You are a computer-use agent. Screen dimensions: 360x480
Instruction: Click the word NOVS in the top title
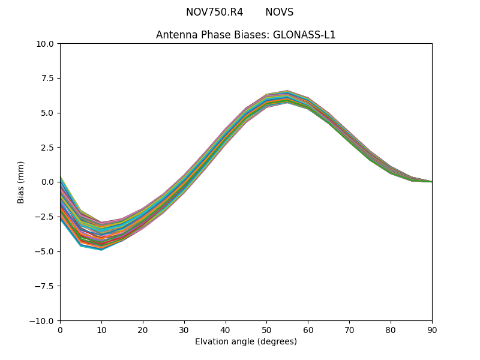coord(279,12)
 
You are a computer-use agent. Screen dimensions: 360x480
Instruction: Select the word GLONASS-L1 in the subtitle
coord(304,35)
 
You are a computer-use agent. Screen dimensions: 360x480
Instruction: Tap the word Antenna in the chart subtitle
coord(176,35)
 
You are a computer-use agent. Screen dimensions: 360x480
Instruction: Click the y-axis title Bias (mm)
coord(21,182)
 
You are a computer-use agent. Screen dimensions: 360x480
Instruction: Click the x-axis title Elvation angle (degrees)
coord(246,342)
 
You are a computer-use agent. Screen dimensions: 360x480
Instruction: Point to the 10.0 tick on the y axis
coord(46,43)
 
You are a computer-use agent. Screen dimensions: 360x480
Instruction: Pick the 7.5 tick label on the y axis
coord(48,78)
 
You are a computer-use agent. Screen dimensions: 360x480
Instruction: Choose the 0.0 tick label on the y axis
coord(48,182)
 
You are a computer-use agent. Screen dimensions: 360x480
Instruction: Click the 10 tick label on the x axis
coord(101,329)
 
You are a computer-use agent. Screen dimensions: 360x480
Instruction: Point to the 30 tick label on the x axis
coord(184,329)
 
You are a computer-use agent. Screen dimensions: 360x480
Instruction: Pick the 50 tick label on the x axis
coord(266,329)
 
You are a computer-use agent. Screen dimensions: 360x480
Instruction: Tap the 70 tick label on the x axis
coord(349,329)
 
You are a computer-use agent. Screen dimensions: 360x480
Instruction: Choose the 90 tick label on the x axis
coord(431,329)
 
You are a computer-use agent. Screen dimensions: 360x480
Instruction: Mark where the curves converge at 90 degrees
coord(431,181)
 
